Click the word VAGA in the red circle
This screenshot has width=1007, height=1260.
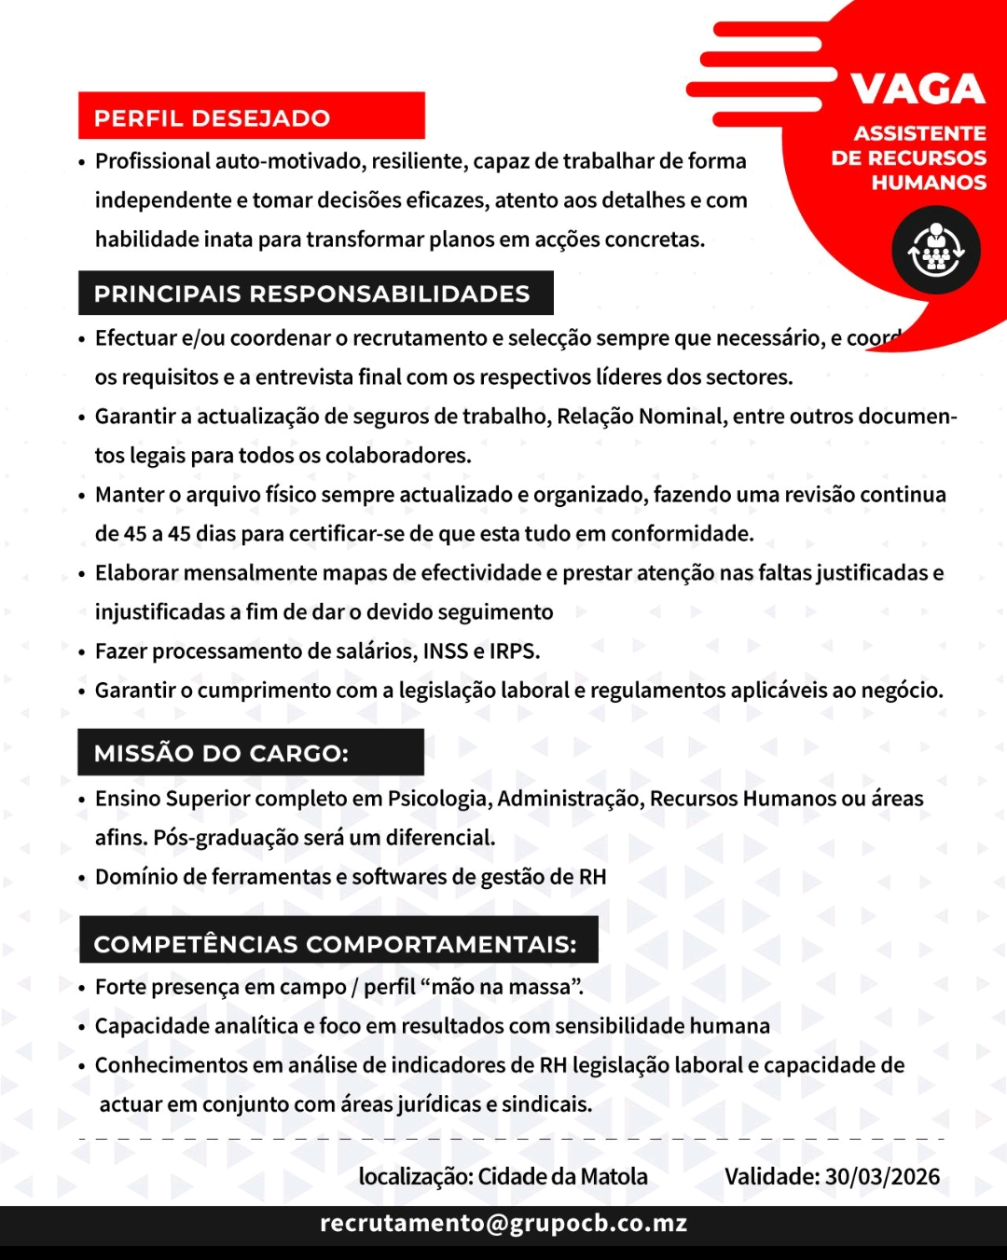[x=917, y=89]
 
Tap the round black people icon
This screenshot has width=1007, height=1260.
[x=935, y=251]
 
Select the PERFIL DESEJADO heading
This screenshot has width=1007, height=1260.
[x=213, y=118]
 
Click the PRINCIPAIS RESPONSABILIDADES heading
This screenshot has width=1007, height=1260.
[x=312, y=294]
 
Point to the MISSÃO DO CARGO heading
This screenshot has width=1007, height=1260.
[x=221, y=753]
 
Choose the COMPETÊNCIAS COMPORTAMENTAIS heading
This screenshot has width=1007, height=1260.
[x=336, y=944]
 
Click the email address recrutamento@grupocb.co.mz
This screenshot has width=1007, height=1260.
[x=504, y=1223]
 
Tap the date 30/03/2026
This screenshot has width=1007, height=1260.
[x=882, y=1176]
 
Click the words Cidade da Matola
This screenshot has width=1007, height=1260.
[x=562, y=1176]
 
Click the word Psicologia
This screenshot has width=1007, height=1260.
[x=438, y=799]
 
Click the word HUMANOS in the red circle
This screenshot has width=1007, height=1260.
[x=929, y=183]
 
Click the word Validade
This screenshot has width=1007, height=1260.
[x=770, y=1176]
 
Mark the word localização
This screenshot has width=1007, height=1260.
[x=414, y=1176]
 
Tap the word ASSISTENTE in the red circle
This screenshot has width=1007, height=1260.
[x=919, y=133]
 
